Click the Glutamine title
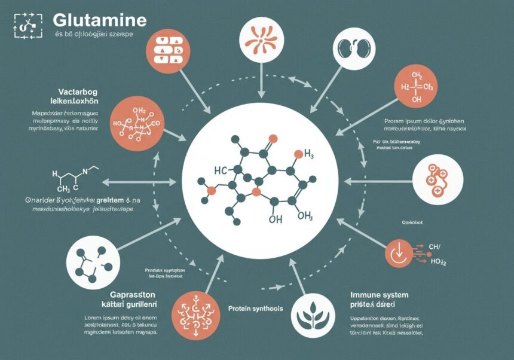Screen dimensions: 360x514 (99, 19)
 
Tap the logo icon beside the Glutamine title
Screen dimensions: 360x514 (27, 26)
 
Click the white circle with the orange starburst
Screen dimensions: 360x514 (260, 39)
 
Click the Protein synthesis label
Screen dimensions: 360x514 (255, 309)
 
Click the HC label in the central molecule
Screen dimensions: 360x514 (221, 170)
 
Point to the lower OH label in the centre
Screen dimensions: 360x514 (276, 219)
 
